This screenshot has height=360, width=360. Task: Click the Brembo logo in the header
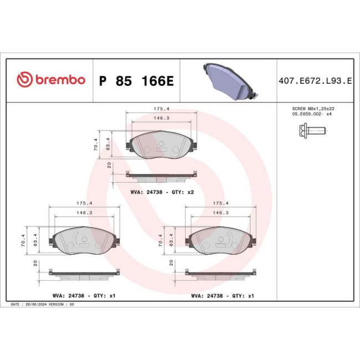51,80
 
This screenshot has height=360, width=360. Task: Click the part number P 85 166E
136,81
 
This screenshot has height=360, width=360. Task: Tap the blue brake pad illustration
229,80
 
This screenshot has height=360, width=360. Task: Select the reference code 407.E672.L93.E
315,81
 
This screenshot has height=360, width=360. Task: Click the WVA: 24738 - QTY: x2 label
162,192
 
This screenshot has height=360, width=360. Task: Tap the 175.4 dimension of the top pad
161,110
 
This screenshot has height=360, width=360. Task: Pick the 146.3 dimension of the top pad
161,118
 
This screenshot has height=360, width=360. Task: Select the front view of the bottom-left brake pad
84,239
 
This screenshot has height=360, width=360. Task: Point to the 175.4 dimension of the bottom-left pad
84,203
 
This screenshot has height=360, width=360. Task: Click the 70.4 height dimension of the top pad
95,145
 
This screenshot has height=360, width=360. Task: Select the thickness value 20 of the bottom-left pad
35,263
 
